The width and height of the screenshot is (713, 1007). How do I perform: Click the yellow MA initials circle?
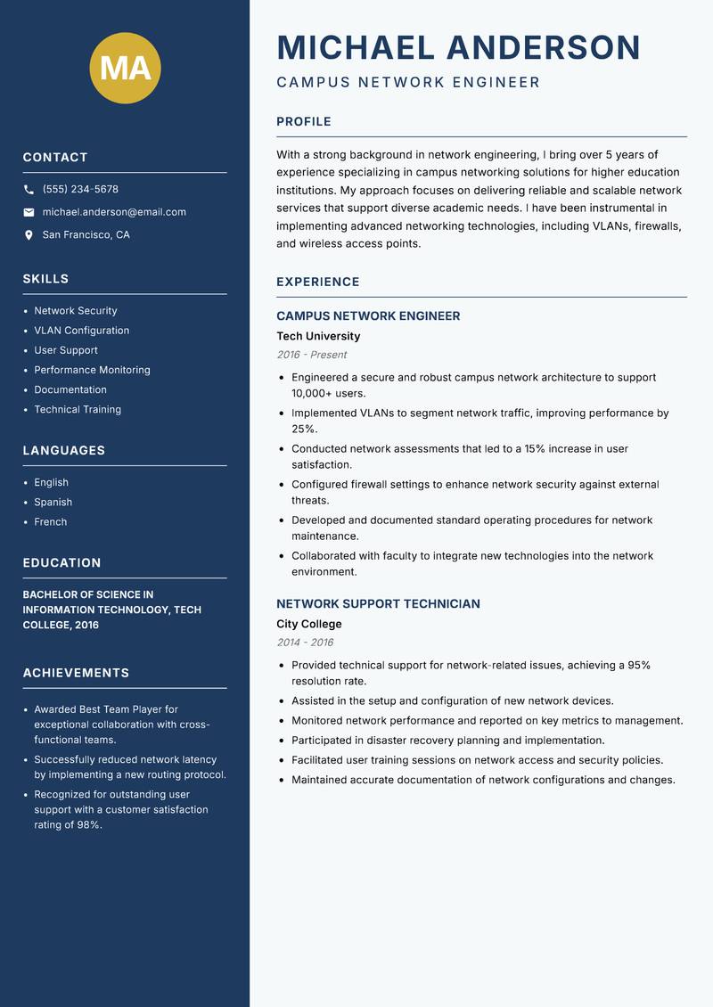pos(126,68)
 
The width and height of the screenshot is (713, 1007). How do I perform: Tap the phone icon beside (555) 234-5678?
pos(29,190)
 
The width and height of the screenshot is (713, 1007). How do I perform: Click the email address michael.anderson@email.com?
pos(114,212)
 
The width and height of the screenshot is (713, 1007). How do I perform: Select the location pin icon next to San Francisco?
pos(29,235)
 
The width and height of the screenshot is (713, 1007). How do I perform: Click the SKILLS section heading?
pos(45,279)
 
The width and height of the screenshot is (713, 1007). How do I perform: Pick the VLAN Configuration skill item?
pos(81,331)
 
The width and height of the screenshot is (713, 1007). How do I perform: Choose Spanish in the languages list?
pos(53,503)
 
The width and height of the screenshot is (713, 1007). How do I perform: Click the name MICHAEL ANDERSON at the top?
pos(458,47)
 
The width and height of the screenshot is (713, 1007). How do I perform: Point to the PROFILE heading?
pos(303,122)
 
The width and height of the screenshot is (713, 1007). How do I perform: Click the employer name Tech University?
pos(318,337)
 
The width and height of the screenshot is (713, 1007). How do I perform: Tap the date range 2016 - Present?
pos(311,355)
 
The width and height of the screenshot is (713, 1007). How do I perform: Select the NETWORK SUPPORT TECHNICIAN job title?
pos(378,604)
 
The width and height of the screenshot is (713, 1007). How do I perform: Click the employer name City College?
pos(308,625)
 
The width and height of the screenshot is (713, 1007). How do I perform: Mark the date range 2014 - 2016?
pos(304,643)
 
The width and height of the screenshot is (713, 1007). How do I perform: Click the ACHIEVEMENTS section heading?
pos(76,673)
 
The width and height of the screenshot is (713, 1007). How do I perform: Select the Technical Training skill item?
pos(78,410)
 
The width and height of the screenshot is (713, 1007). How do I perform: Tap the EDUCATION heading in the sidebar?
pos(61,563)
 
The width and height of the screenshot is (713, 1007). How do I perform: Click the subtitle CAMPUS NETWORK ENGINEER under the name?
pos(408,83)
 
